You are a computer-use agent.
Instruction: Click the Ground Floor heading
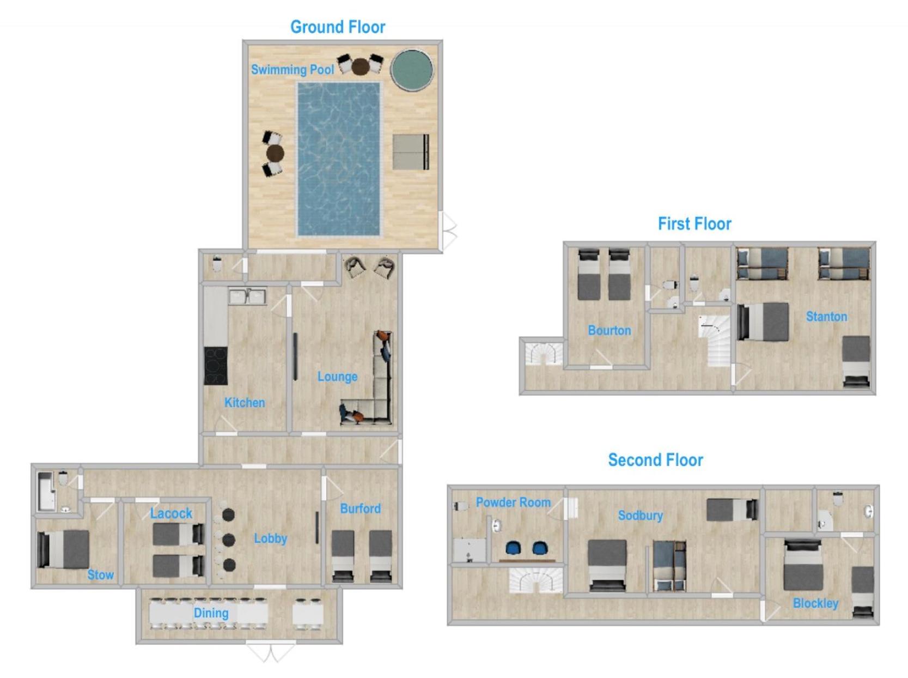click(338, 27)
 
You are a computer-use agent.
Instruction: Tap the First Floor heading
click(694, 224)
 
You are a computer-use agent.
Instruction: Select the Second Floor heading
click(655, 460)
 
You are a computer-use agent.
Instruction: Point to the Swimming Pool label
click(292, 70)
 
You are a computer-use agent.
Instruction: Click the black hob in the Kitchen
click(216, 366)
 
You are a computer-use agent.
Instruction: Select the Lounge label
click(337, 377)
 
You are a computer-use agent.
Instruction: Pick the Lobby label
click(270, 538)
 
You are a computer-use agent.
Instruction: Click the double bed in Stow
click(63, 549)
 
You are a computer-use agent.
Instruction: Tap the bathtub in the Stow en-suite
click(46, 492)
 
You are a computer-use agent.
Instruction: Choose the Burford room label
click(360, 508)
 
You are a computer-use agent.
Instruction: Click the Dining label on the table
click(211, 614)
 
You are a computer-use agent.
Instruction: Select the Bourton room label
click(610, 330)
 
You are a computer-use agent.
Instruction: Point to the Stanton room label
click(826, 317)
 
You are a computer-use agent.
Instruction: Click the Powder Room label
click(513, 503)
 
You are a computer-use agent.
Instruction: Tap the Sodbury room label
click(641, 516)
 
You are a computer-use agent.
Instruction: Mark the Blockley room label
click(815, 603)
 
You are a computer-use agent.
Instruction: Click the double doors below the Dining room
click(271, 651)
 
